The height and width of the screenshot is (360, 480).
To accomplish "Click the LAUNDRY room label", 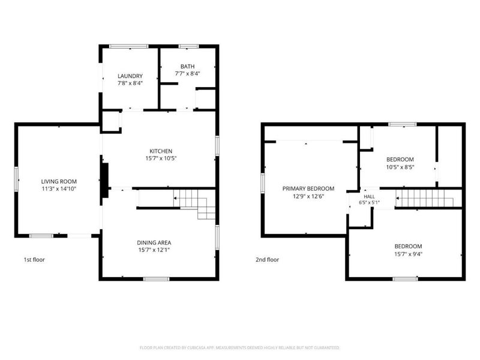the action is pos(130,76).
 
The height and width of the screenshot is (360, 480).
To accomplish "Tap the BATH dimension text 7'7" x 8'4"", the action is pos(187,73).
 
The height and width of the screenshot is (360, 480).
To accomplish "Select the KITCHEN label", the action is pos(161,151).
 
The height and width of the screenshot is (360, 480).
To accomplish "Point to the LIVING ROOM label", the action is pos(59,181).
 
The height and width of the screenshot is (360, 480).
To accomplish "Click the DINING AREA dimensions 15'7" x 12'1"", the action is pos(154,250).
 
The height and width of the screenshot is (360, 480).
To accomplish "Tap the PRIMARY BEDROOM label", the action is pos(308,188).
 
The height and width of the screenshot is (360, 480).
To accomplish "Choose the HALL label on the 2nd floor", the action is pos(369,197).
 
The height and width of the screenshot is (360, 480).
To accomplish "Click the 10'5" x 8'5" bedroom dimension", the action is pos(400,167).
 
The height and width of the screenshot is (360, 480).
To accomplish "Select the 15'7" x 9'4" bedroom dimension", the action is pos(408,254).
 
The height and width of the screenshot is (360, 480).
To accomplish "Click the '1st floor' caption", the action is pos(34,260).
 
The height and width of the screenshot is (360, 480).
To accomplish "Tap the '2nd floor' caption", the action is pos(267,260).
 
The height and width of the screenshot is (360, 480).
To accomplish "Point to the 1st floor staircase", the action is pos(194,204).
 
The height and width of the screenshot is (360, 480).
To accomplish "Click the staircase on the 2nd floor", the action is pos(425,198).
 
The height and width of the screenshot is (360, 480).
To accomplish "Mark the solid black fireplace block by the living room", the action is pos(105,181).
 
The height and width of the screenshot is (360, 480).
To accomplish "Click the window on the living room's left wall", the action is pos(17,179).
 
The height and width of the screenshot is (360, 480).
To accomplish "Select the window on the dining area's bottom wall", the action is pos(157,279).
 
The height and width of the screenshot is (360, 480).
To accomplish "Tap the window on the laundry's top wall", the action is pos(129,47).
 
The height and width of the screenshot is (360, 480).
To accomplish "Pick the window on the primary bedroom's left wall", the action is pos(263,183).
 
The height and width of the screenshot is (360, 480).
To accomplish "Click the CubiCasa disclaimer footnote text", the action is pos(239,348).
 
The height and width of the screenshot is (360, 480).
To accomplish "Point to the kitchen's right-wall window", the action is pos(217,146).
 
